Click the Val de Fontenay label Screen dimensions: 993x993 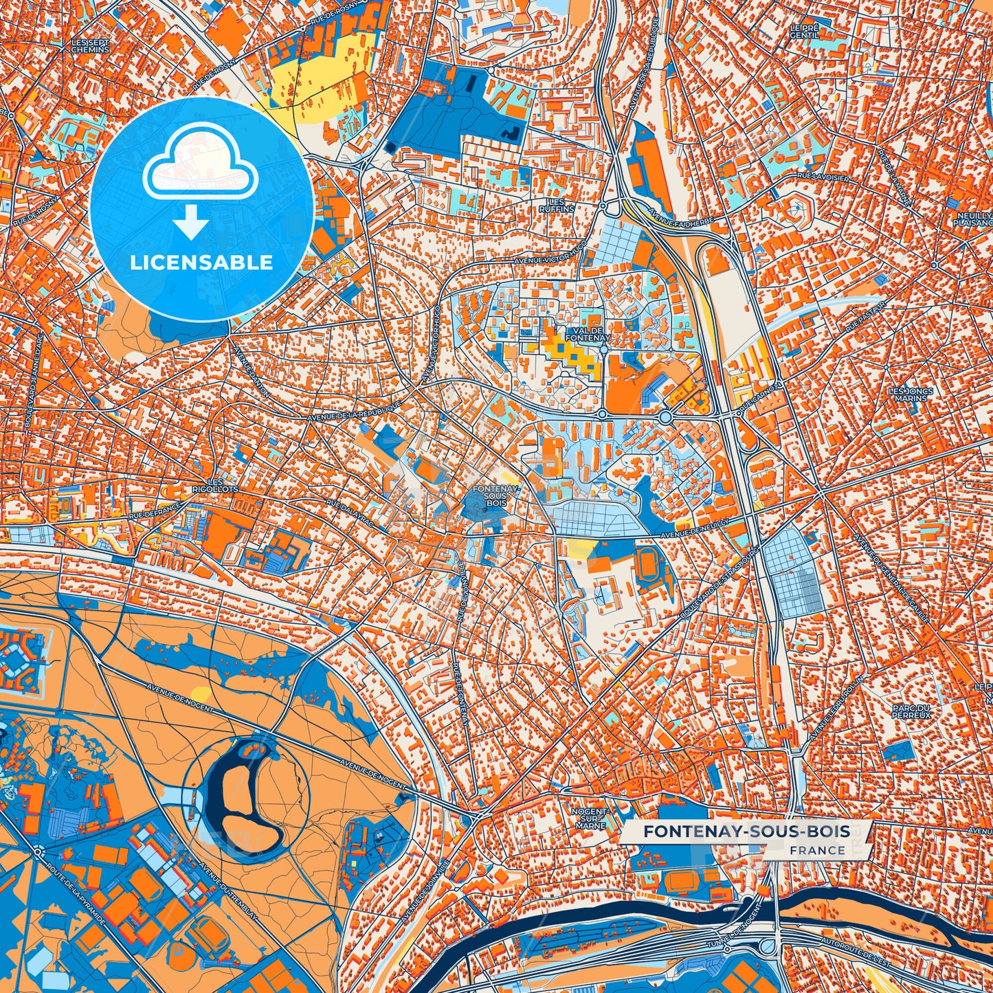(x=588, y=334)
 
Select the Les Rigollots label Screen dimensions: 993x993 (x=215, y=485)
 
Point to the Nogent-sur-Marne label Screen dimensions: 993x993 (x=590, y=818)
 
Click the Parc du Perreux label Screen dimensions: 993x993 (x=911, y=711)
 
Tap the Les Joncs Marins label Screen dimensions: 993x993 (x=911, y=394)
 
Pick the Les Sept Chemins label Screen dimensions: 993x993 (x=90, y=46)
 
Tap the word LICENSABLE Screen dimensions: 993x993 (x=202, y=263)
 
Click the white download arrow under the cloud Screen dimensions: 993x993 (x=192, y=221)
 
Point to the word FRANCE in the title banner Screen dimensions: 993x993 (x=817, y=850)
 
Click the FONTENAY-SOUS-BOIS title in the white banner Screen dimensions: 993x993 (x=746, y=832)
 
